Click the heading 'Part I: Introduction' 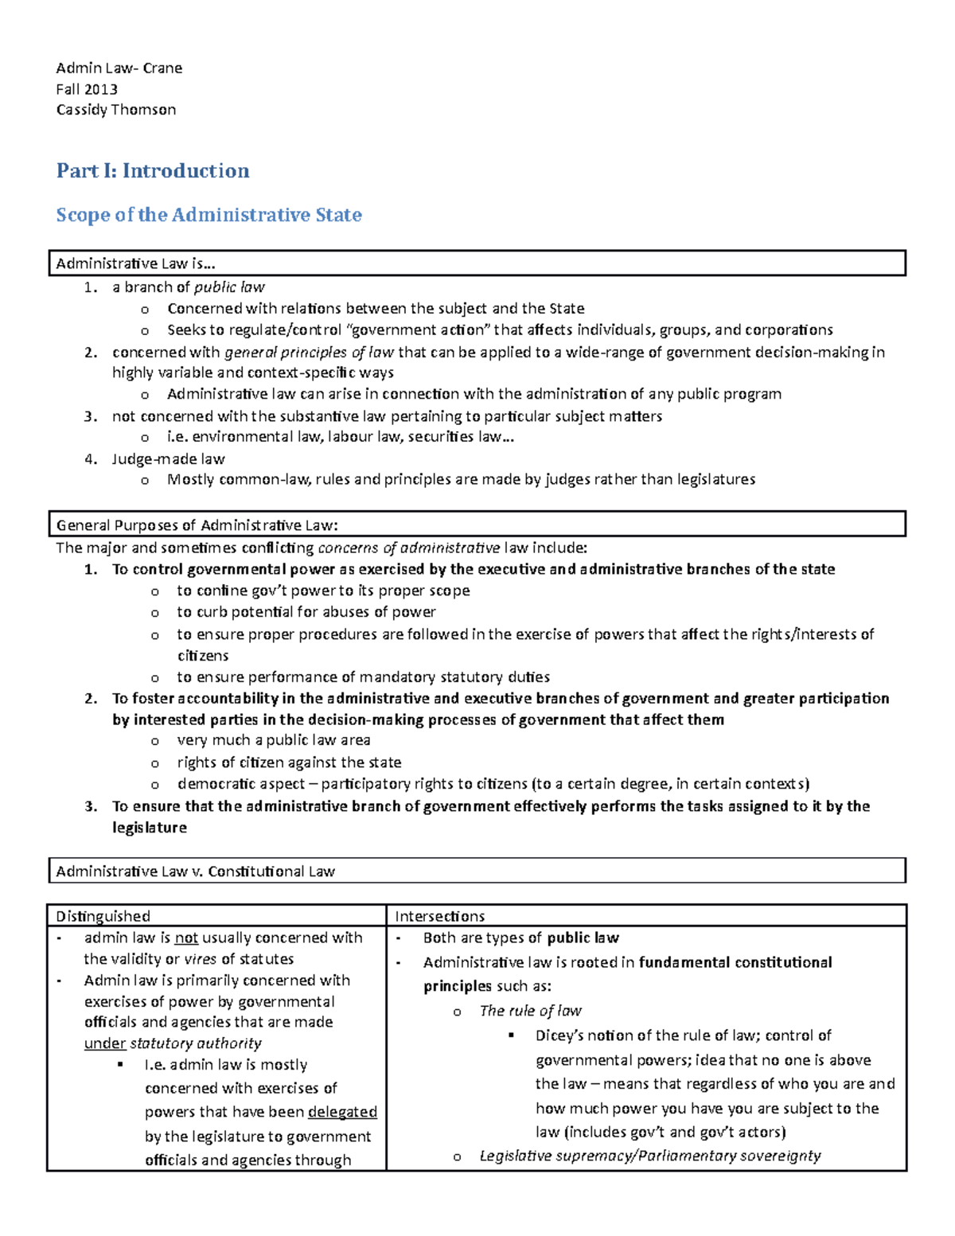pos(153,171)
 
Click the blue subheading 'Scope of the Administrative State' pos(209,215)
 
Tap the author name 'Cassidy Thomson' pos(116,110)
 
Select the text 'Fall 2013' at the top pos(87,89)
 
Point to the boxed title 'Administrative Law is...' pos(136,263)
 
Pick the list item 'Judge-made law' pos(168,459)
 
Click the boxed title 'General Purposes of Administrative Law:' pos(197,525)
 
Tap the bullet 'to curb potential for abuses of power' pos(306,612)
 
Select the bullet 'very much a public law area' pos(273,740)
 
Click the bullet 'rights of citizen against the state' pos(289,762)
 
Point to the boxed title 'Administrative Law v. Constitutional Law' pos(196,871)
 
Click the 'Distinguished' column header pos(103,916)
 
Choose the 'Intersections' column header pos(440,916)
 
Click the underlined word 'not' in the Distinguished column pos(186,938)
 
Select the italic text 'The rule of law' pos(530,1011)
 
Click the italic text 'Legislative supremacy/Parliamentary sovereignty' pos(649,1156)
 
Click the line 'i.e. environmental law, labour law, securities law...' pos(341,437)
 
